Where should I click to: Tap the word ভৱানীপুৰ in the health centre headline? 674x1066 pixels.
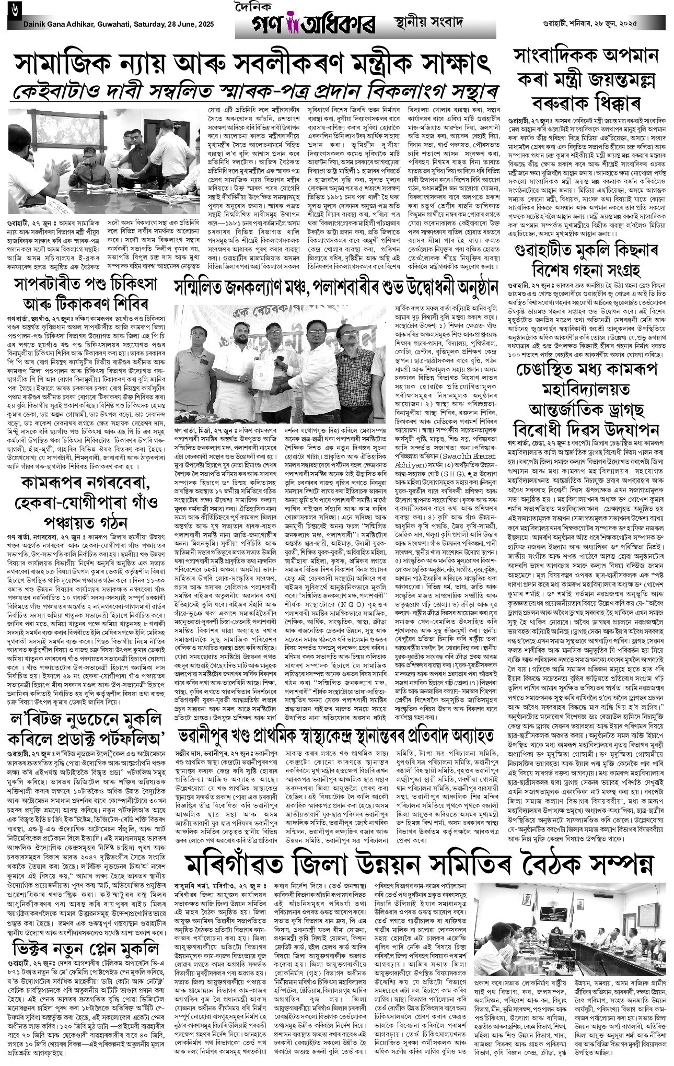coord(210,737)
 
